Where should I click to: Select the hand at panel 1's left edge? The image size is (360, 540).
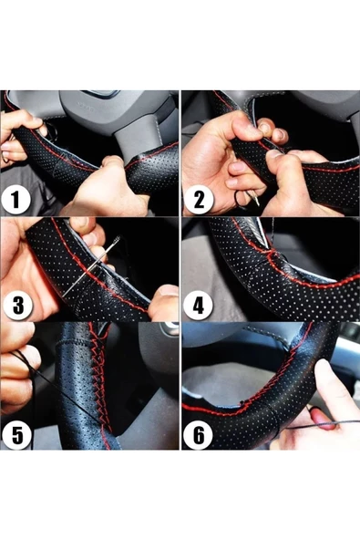coord(18,128)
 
